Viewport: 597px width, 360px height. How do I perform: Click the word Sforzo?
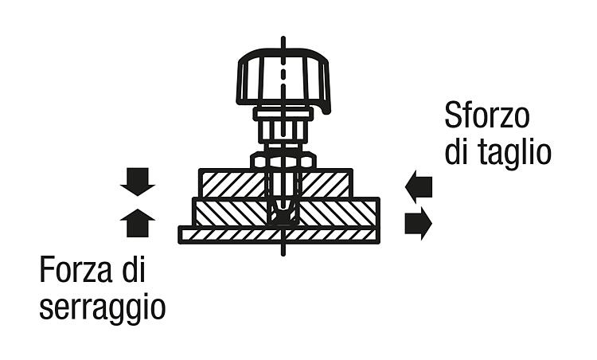[487, 115]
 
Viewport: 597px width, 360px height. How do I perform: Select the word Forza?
[76, 270]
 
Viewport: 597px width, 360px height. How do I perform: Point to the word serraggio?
[103, 307]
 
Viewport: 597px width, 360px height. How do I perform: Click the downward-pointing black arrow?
[138, 182]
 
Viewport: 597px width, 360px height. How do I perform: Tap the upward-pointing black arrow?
[138, 222]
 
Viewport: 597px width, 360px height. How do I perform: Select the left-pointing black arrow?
[419, 187]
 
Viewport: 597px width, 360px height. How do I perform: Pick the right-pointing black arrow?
[419, 223]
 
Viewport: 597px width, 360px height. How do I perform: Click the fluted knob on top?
[283, 79]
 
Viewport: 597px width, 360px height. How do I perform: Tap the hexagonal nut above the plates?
[283, 160]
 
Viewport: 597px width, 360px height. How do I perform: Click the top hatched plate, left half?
[233, 184]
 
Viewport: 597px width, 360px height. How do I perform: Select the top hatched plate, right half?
[326, 184]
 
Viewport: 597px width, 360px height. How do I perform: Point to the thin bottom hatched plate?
[279, 235]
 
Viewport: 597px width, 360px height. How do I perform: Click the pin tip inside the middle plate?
[283, 216]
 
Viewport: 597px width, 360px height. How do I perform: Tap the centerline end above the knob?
[283, 37]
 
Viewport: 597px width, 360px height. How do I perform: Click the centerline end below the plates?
[283, 255]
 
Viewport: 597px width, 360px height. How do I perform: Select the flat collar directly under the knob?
[283, 113]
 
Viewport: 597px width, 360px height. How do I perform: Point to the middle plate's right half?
[339, 212]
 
